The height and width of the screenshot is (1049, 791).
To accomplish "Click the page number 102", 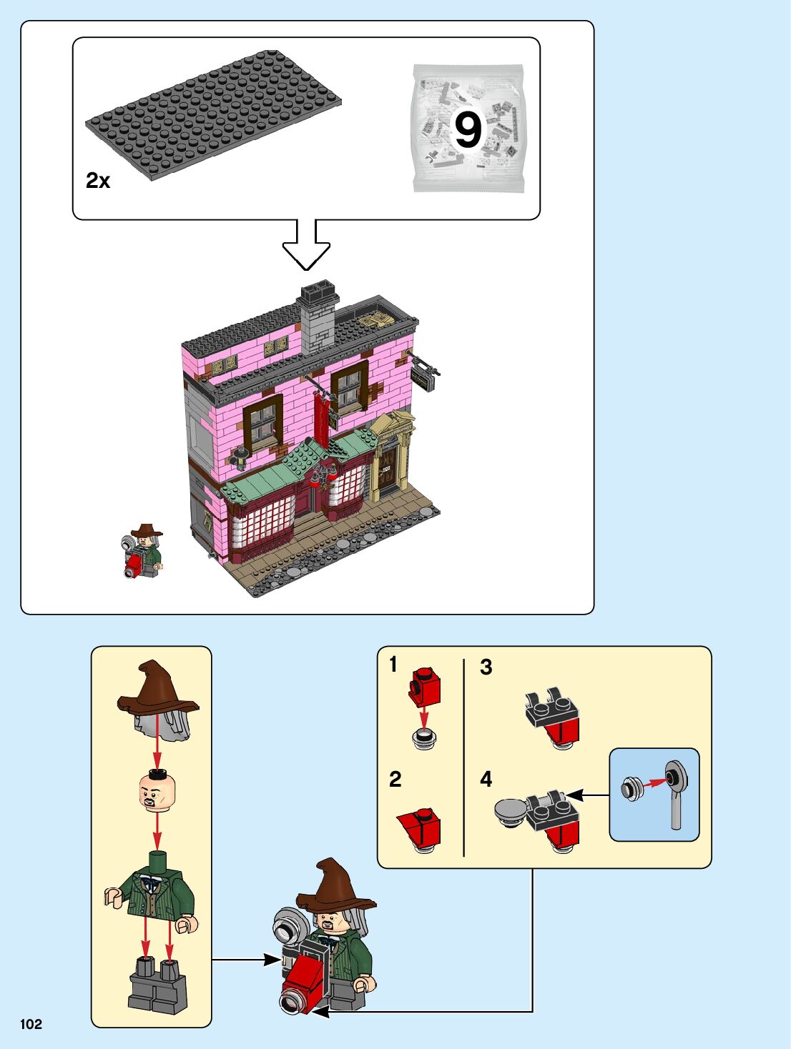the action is tap(31, 1024).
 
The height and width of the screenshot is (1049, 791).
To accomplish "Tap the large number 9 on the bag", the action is tap(468, 130).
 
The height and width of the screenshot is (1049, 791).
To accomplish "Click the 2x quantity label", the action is tap(98, 181).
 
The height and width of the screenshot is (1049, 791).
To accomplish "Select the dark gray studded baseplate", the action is tap(212, 114).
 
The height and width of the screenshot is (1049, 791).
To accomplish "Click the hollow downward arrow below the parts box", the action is tap(306, 246).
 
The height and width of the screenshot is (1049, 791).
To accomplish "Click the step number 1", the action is tap(393, 665).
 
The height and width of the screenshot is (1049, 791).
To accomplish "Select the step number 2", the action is tap(395, 779).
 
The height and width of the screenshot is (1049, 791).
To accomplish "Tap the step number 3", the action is tap(486, 667).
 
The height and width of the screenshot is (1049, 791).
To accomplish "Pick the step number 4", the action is tap(486, 779).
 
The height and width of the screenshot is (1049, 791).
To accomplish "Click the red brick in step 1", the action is tap(425, 686).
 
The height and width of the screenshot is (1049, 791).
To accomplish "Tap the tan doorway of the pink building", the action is tap(390, 457).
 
